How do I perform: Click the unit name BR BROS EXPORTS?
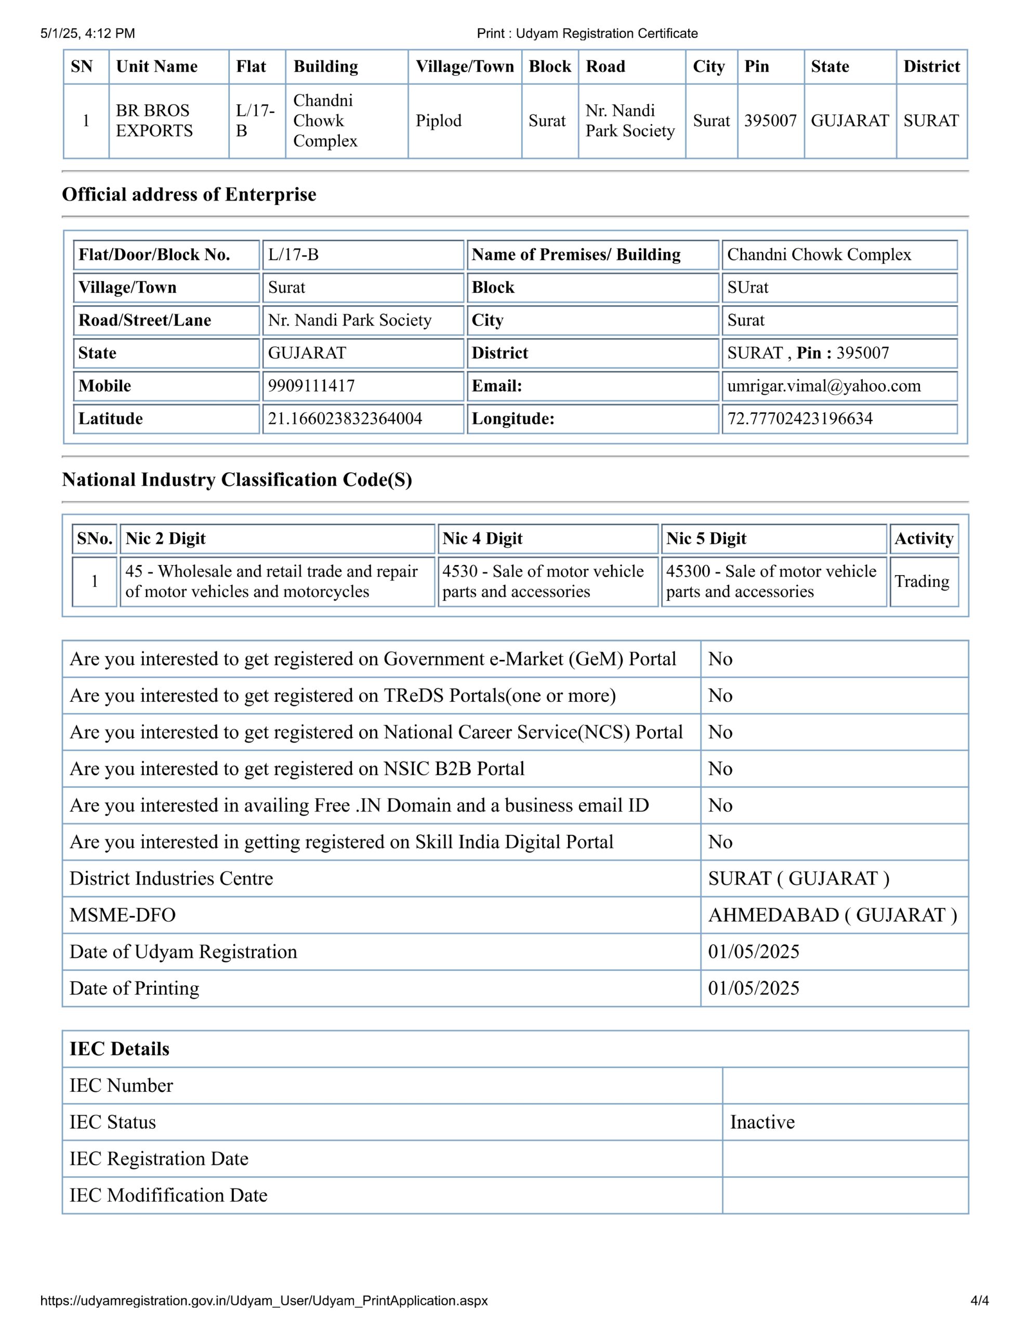[x=155, y=121]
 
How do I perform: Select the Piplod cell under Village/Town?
[x=438, y=121]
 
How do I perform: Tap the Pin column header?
[x=756, y=67]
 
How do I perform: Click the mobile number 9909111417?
[x=311, y=386]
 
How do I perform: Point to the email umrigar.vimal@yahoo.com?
[x=823, y=386]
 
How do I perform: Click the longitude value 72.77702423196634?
[x=799, y=419]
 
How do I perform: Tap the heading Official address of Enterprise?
[x=189, y=194]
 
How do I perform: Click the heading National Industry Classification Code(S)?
[x=236, y=479]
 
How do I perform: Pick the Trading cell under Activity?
[x=921, y=581]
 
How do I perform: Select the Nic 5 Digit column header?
[x=706, y=539]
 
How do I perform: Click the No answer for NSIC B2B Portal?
[x=720, y=768]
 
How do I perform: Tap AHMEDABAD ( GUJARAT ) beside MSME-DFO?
[x=832, y=915]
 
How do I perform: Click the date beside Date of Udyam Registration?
[x=753, y=951]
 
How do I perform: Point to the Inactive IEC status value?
[x=762, y=1122]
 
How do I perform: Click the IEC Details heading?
[x=120, y=1049]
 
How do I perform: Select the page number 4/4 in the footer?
[x=979, y=1300]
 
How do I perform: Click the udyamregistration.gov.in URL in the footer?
[x=264, y=1300]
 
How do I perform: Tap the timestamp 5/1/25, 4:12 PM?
[x=88, y=33]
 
